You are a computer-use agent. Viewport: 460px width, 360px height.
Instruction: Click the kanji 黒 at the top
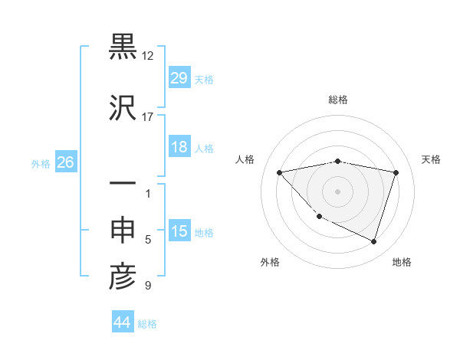(x=123, y=47)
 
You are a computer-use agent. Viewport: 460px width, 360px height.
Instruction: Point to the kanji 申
(x=123, y=231)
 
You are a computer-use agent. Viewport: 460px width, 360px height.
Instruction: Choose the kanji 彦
(x=123, y=277)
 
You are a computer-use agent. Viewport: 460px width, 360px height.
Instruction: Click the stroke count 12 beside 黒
(x=148, y=57)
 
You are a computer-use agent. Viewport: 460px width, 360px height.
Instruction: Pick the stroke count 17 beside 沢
(x=148, y=117)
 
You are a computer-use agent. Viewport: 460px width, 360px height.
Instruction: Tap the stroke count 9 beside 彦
(x=148, y=286)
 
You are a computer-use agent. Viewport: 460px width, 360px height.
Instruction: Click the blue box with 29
(x=179, y=78)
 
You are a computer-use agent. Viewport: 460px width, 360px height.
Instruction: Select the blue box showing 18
(x=179, y=147)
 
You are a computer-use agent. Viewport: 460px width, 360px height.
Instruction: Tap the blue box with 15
(x=179, y=231)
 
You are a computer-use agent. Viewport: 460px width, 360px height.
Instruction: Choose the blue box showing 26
(x=65, y=162)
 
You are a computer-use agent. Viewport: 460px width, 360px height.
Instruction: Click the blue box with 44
(x=122, y=323)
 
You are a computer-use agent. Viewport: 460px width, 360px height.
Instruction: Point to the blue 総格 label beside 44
(x=147, y=324)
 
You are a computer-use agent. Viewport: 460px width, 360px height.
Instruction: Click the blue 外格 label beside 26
(x=41, y=163)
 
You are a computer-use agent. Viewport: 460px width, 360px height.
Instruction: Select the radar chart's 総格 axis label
(x=337, y=100)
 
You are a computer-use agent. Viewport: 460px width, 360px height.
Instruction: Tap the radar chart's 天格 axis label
(x=431, y=159)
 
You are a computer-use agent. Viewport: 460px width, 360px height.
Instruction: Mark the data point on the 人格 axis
(x=279, y=172)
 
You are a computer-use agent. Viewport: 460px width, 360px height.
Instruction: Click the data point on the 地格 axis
(x=373, y=241)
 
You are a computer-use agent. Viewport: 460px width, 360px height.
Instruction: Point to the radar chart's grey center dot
(x=337, y=191)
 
